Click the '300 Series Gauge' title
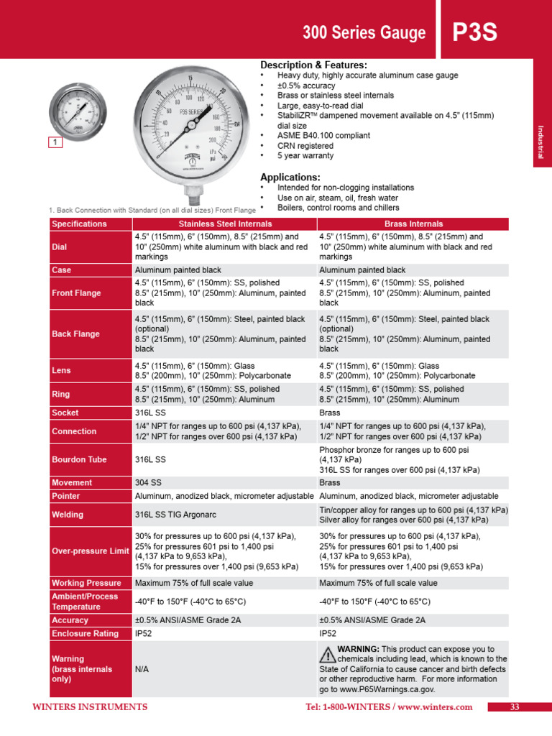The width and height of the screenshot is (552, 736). click(364, 33)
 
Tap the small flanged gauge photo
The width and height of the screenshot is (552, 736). click(76, 111)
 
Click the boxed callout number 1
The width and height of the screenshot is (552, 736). click(55, 143)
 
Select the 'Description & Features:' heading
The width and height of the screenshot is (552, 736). click(313, 65)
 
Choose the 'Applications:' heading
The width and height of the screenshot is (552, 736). click(290, 178)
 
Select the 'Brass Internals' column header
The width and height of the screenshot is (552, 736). click(413, 224)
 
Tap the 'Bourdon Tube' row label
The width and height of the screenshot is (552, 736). click(79, 459)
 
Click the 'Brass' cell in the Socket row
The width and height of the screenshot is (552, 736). click(330, 413)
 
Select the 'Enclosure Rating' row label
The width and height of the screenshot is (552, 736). click(85, 633)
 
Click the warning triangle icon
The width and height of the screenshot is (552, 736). click(327, 654)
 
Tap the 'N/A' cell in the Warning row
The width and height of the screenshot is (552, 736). click(143, 668)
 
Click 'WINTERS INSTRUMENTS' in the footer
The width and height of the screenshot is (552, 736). click(90, 707)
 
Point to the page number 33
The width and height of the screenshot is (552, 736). click(514, 707)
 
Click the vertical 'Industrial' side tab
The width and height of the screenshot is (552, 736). click(541, 142)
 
